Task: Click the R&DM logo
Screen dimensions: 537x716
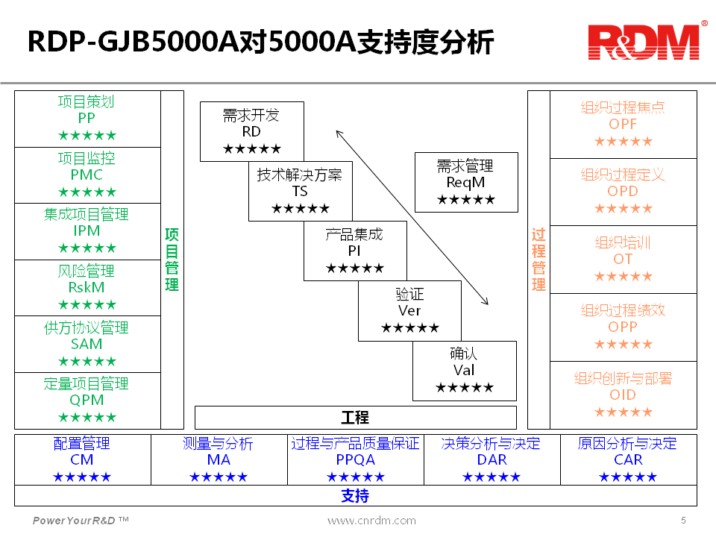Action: [x=645, y=43]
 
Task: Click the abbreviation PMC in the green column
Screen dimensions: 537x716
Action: [x=87, y=175]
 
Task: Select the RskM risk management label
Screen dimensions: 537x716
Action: [x=87, y=287]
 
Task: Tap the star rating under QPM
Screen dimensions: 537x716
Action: [x=87, y=418]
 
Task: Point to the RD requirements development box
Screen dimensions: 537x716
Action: [x=251, y=131]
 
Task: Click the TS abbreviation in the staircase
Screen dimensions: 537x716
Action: [x=300, y=192]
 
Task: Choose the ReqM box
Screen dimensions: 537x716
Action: [x=465, y=182]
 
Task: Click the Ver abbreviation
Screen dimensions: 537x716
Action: [x=409, y=311]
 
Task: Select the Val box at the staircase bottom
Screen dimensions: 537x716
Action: [x=464, y=371]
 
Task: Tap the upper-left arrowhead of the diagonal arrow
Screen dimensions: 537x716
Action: [x=338, y=134]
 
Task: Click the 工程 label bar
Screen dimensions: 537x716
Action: [x=355, y=418]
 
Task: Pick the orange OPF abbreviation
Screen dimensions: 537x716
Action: [x=623, y=124]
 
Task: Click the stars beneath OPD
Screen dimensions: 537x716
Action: [x=623, y=209]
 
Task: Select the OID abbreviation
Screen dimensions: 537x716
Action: [x=623, y=395]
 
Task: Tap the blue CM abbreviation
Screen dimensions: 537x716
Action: [x=82, y=460]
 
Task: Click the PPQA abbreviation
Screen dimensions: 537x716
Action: [x=355, y=460]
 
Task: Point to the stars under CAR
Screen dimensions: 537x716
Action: [x=628, y=477]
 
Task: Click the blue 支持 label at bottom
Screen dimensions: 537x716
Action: [x=355, y=496]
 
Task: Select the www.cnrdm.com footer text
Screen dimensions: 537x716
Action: [x=371, y=521]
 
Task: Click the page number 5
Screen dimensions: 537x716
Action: [x=683, y=520]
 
